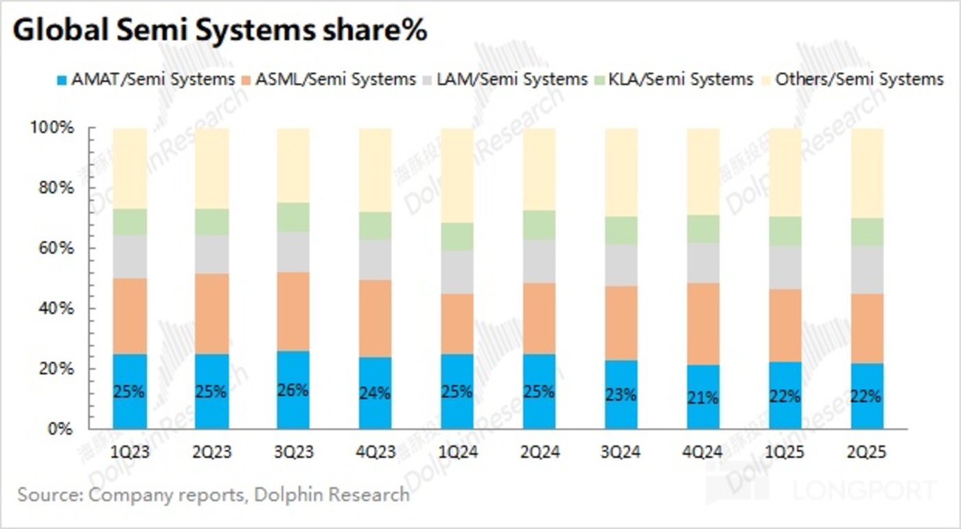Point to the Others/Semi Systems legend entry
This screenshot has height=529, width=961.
851,80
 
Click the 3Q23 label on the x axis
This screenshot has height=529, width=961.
293,452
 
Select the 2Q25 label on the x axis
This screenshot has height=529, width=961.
867,452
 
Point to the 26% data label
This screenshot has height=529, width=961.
293,390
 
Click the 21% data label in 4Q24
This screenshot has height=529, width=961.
704,398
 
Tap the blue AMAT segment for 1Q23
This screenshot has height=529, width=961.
130,412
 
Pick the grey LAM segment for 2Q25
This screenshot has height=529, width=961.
867,270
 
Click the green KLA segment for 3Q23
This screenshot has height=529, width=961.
293,218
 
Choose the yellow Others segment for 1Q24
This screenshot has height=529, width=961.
457,175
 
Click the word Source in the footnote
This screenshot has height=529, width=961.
43,494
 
